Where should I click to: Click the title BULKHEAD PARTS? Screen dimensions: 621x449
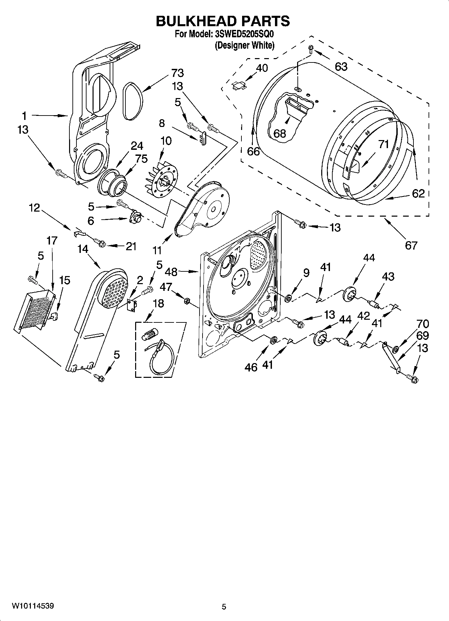point(223,21)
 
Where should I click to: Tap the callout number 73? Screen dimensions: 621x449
point(177,73)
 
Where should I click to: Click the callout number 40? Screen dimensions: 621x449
point(262,68)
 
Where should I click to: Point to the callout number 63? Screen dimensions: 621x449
point(341,66)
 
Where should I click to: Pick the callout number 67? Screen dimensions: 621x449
point(411,246)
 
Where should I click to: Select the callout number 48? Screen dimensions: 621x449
point(171,272)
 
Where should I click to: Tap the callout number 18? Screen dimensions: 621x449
point(158,303)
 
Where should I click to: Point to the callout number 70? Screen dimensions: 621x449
point(423,324)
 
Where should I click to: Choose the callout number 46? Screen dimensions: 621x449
point(251,367)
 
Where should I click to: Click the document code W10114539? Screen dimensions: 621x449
point(33,606)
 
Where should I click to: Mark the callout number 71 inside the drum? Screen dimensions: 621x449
point(383,144)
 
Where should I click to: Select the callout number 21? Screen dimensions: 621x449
point(131,246)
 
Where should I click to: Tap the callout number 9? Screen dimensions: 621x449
point(306,273)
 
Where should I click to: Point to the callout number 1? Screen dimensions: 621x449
point(24,116)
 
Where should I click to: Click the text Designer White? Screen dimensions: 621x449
point(244,45)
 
